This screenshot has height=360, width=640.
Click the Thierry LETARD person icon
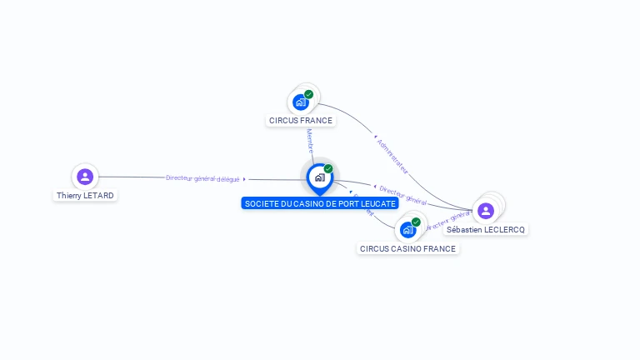[x=85, y=177]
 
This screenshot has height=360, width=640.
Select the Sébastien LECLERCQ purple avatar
[x=486, y=211]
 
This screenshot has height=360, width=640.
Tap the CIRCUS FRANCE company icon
[x=301, y=102]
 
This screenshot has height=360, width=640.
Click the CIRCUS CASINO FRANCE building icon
[x=407, y=229]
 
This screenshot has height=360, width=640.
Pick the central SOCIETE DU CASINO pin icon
[x=319, y=177]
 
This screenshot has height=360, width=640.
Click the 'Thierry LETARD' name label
[x=85, y=196]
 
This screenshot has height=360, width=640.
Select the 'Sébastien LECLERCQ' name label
[x=486, y=229]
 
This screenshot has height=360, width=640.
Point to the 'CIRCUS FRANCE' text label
[x=301, y=121]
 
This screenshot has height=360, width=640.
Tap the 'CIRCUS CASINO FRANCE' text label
[x=407, y=248]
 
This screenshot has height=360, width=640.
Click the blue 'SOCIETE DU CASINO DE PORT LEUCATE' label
[x=319, y=203]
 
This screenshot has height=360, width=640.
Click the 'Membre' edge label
[x=310, y=139]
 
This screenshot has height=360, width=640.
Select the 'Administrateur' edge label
[x=392, y=155]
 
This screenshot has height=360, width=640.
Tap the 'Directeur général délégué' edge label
[x=202, y=178]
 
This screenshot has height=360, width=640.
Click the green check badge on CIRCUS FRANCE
[x=309, y=94]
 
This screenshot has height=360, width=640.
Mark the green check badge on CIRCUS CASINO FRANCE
[x=416, y=222]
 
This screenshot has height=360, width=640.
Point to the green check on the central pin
[x=328, y=168]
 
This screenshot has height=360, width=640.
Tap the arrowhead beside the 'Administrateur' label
[x=376, y=136]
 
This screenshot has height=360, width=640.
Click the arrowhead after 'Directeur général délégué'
[x=244, y=179]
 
